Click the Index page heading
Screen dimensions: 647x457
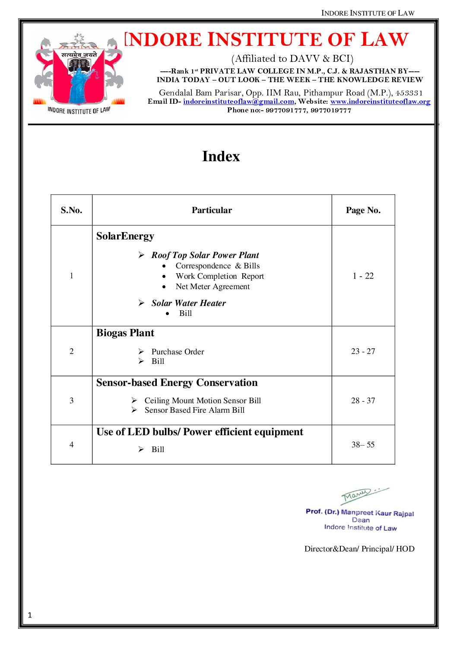click(x=221, y=156)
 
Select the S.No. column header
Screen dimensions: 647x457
click(x=71, y=210)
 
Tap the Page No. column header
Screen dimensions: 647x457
click(x=363, y=210)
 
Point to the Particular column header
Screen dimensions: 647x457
click(x=212, y=210)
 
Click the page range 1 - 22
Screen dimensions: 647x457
click(x=363, y=276)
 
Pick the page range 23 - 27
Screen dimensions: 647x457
click(x=363, y=351)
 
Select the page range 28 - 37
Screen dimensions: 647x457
click(x=363, y=401)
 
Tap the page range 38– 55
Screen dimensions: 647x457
click(x=363, y=445)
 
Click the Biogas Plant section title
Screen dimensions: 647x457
click(x=125, y=333)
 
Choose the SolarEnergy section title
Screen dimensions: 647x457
click(x=125, y=236)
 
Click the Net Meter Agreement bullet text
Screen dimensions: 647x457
click(x=213, y=287)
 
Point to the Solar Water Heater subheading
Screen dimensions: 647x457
click(x=188, y=303)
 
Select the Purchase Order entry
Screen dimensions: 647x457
click(x=178, y=352)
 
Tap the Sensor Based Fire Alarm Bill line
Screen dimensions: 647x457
click(x=194, y=410)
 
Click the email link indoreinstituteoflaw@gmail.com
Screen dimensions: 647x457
click(x=238, y=102)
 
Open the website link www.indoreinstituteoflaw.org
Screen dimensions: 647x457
click(x=380, y=102)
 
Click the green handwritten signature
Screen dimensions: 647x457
click(x=363, y=495)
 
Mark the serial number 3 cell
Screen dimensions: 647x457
click(x=71, y=401)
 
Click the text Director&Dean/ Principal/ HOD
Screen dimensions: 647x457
click(x=359, y=549)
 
